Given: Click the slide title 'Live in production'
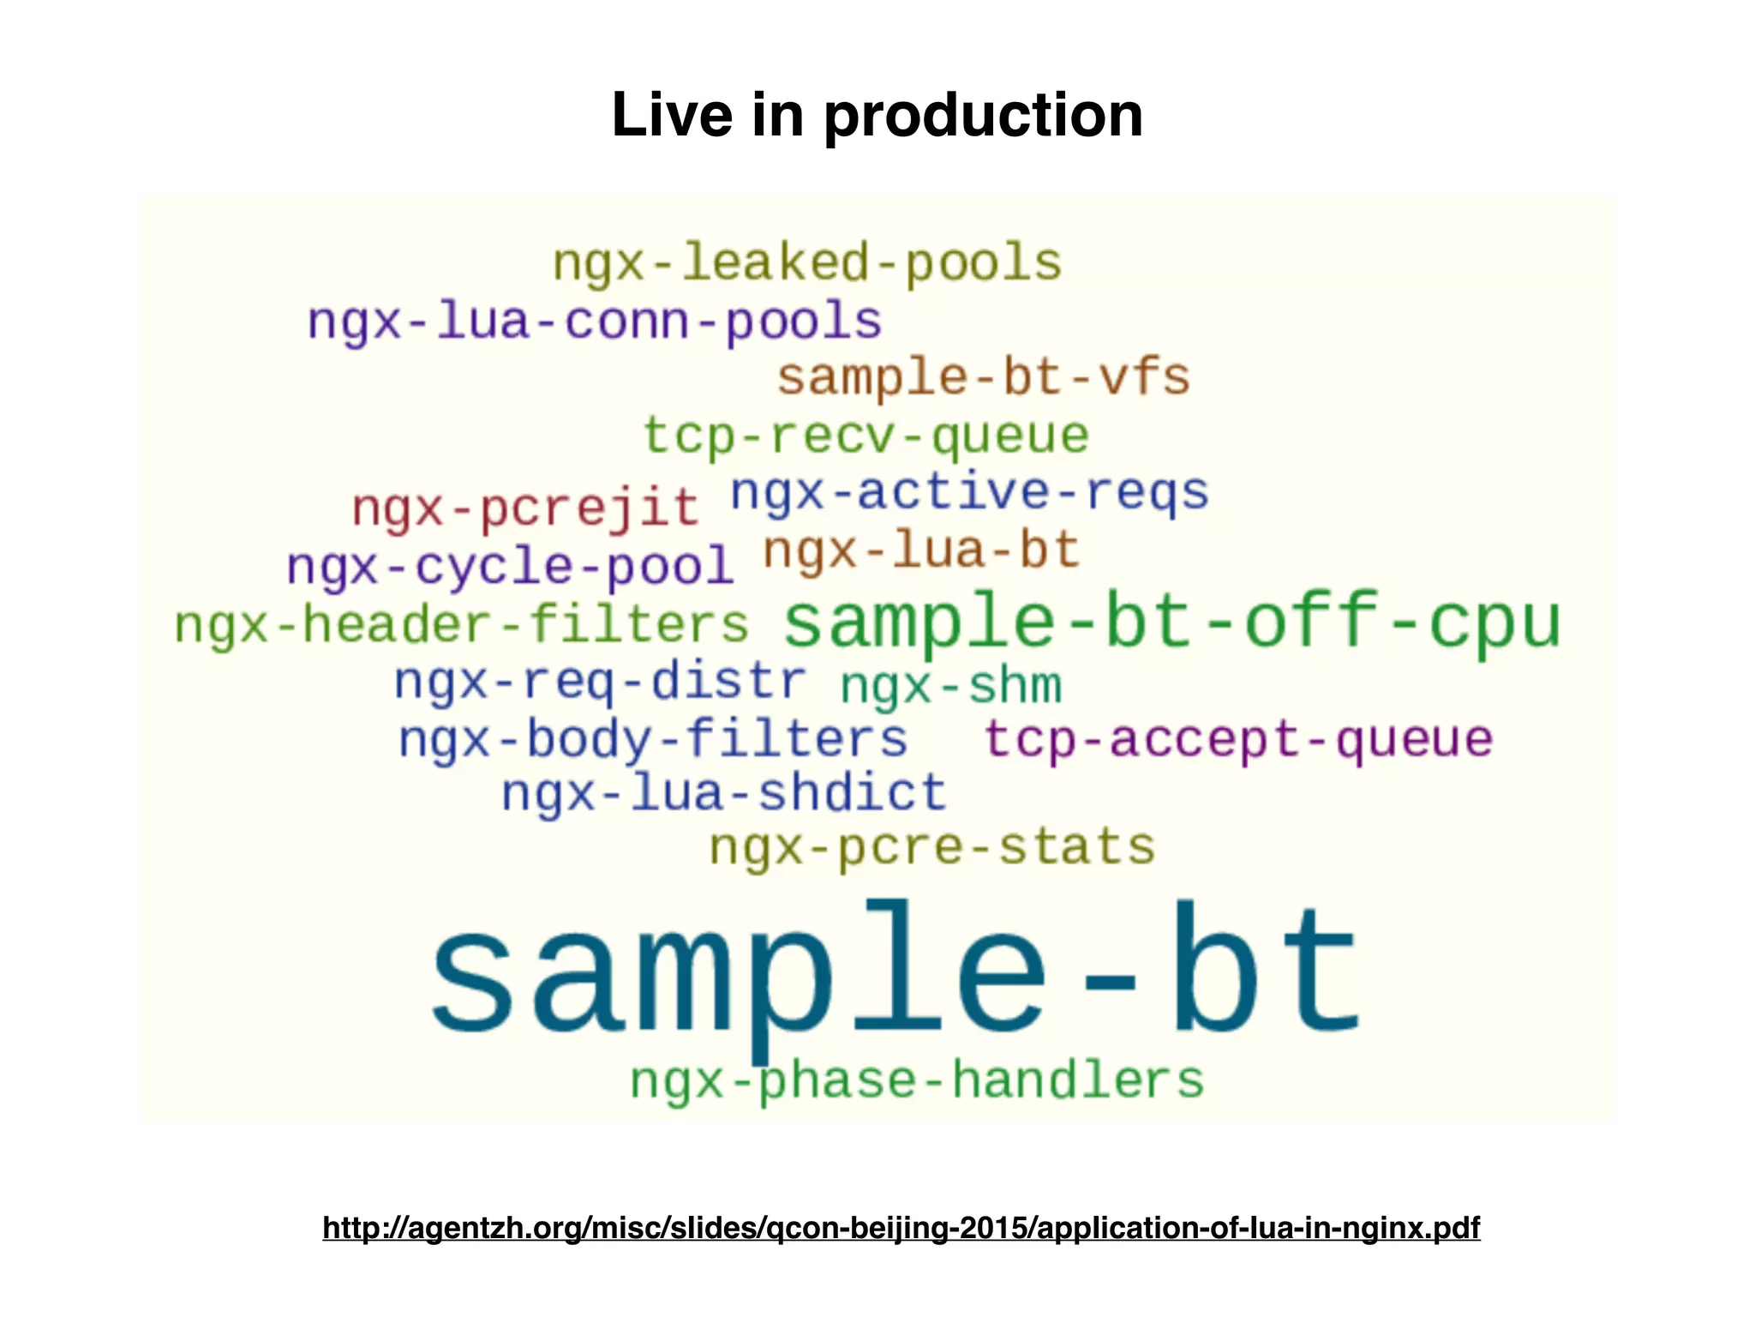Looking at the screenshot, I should pos(877,115).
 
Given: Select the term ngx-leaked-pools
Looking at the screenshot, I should pos(807,262).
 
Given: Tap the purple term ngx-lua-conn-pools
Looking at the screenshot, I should pos(595,322).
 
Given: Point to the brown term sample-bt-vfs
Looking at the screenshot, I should pos(984,377).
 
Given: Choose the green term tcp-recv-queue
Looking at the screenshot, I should pos(866,436).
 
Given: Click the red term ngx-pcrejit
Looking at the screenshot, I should pos(525,508).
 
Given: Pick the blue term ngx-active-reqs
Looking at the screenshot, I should pos(969,493).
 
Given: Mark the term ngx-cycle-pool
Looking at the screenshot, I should pos(510,567).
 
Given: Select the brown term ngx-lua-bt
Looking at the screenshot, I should pos(920,550).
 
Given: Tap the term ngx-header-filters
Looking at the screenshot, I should pos(461,624).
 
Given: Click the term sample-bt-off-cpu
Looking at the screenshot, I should pos(1172,621).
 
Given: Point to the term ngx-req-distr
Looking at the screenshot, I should pos(600,683).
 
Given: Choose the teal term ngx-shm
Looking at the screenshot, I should pos(950,686).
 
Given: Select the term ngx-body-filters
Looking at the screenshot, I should pos(653,739).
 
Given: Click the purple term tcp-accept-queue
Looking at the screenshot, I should pos(1238,739).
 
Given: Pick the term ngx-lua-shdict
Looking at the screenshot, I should pos(724,793).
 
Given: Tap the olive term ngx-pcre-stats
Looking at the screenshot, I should pos(932,847).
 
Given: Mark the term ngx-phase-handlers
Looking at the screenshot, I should pos(917,1079).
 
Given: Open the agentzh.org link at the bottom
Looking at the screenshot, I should pos(901,1228).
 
